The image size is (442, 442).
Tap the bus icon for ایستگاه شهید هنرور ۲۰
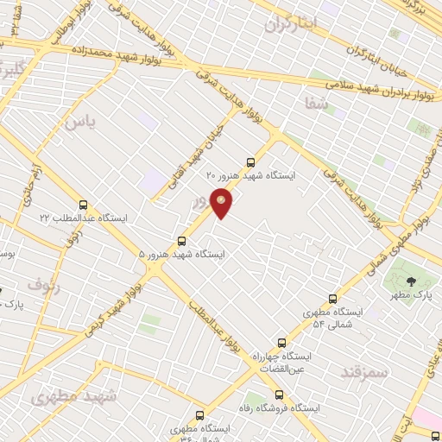(250, 161)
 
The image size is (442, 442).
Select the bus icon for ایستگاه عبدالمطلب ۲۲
(83, 205)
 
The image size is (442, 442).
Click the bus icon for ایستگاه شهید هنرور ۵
(181, 241)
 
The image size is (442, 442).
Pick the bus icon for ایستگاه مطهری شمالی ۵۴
(332, 299)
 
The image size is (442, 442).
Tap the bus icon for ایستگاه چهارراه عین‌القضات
(280, 343)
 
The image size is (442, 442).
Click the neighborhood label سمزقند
(366, 371)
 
